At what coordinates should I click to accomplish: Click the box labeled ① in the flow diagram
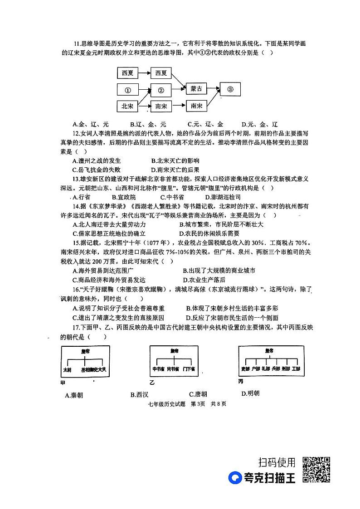[128, 90]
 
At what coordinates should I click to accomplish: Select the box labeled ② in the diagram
[161, 90]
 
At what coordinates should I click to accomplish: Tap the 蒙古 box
[196, 89]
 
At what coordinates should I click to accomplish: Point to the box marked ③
[230, 89]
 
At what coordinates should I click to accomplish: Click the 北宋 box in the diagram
[127, 106]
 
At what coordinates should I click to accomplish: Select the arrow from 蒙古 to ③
[213, 89]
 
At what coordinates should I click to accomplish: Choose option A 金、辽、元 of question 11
[91, 124]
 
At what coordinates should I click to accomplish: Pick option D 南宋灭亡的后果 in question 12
[178, 170]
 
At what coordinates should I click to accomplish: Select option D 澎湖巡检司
[223, 197]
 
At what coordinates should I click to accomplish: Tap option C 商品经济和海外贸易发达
[109, 280]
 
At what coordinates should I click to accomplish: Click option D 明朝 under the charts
[251, 393]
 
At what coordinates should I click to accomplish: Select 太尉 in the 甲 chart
[67, 370]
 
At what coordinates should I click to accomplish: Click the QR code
[316, 470]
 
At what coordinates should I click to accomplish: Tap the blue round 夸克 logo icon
[235, 478]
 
